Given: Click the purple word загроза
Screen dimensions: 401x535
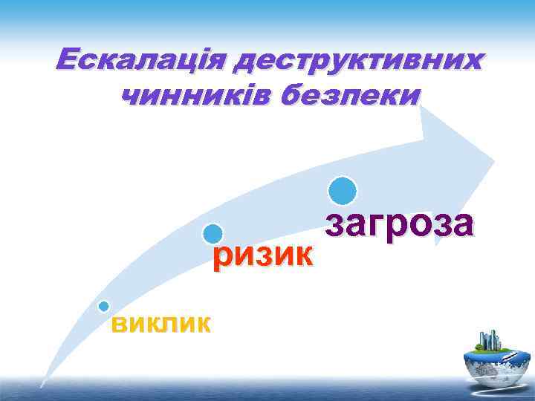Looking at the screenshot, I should pyautogui.click(x=398, y=224).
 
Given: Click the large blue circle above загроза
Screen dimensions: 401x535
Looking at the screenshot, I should pyautogui.click(x=343, y=191).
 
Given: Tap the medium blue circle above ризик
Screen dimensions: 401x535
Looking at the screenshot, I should pyautogui.click(x=213, y=234).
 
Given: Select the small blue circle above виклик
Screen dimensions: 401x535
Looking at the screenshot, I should pyautogui.click(x=104, y=306).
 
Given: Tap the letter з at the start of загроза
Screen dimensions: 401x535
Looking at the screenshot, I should pyautogui.click(x=334, y=224).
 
